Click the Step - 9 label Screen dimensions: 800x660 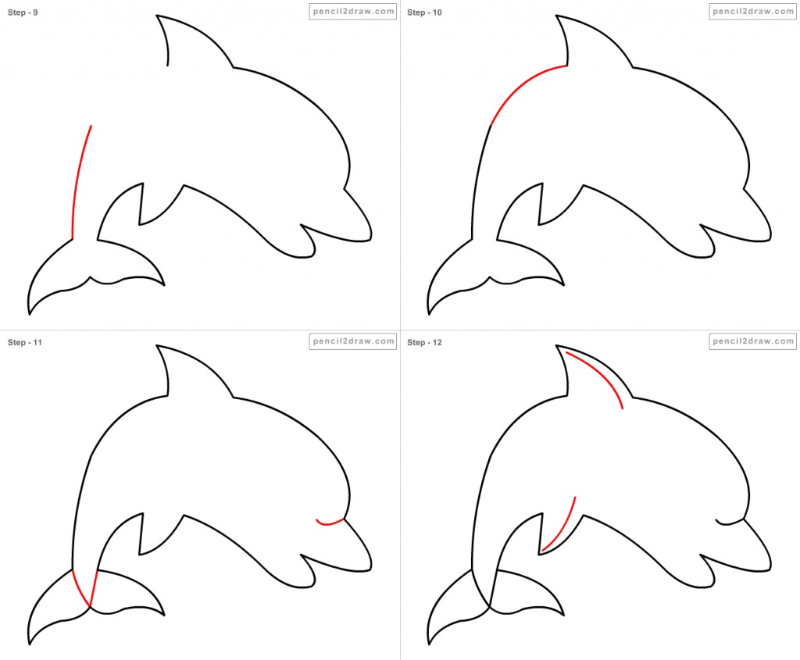coord(23,12)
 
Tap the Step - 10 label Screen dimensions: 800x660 coord(424,12)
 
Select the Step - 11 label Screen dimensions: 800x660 coord(24,342)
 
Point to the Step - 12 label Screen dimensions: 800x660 coord(424,342)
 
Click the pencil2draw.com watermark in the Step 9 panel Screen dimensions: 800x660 coord(353,11)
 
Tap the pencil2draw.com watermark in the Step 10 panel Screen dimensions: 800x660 coord(752,11)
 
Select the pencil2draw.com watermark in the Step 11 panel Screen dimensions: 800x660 coord(353,341)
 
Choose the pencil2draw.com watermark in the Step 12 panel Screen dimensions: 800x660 coord(752,341)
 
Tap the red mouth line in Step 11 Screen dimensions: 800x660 coord(330,523)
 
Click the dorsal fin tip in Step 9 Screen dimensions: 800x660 coord(156,16)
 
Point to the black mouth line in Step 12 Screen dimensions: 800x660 coord(730,522)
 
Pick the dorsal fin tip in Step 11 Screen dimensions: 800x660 coord(156,346)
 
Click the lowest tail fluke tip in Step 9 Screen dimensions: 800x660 coord(29,314)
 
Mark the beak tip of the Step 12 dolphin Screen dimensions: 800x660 coord(770,569)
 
